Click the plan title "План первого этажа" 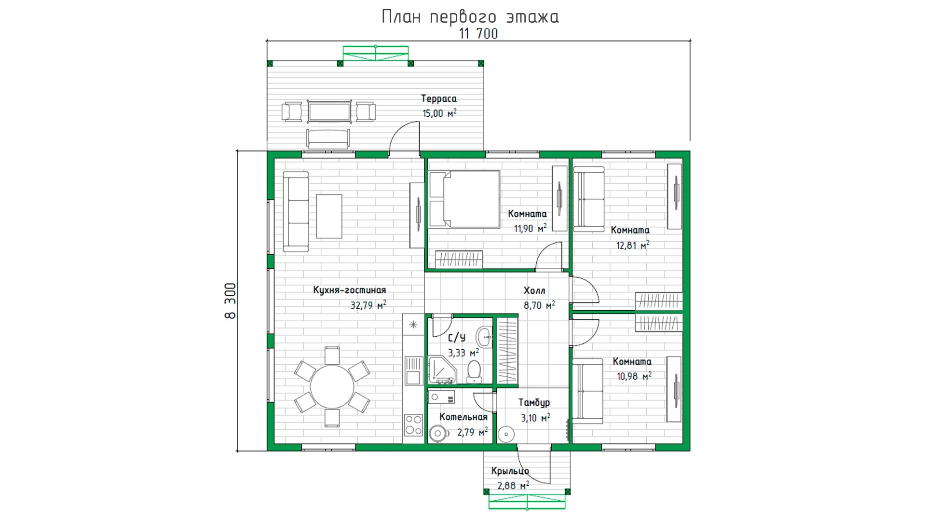pos(470,17)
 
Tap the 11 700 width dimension pos(478,34)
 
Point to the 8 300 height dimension pos(231,301)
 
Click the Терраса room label pos(439,98)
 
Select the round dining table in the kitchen pos(332,387)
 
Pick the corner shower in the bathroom pos(442,370)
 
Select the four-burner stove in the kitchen pos(413,425)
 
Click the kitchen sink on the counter pos(413,370)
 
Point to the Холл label pos(534,290)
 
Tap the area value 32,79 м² pos(368,305)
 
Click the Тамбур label pos(534,402)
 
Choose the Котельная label pos(463,417)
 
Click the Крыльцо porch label pos(510,471)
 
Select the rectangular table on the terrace pos(329,112)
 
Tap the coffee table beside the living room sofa pos(329,216)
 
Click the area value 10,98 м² pos(634,376)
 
